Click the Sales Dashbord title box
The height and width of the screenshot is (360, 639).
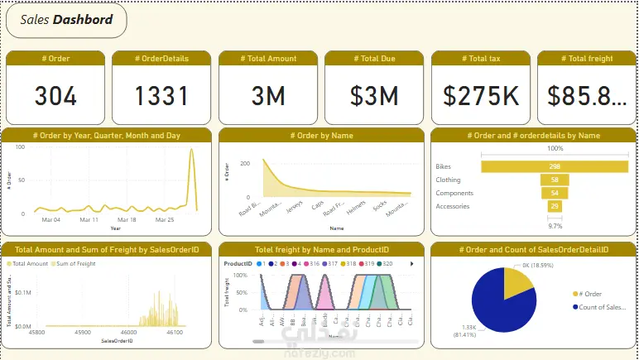[66, 20]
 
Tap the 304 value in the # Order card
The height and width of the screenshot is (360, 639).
[55, 96]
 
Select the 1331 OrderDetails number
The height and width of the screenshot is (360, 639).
[161, 96]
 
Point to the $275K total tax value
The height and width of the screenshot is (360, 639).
[481, 96]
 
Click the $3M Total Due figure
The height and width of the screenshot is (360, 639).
[374, 96]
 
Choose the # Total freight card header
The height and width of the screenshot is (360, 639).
[586, 58]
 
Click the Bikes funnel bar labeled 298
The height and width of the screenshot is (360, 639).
[555, 166]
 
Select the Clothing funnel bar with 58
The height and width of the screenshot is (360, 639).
[555, 180]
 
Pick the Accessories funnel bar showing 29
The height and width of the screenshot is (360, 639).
[555, 206]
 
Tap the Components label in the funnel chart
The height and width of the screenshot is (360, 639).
[454, 193]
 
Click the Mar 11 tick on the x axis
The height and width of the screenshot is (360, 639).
[89, 220]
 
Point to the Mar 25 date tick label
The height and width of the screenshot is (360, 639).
[166, 220]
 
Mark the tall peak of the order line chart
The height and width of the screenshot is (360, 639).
[192, 151]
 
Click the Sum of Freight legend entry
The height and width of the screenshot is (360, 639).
[74, 263]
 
